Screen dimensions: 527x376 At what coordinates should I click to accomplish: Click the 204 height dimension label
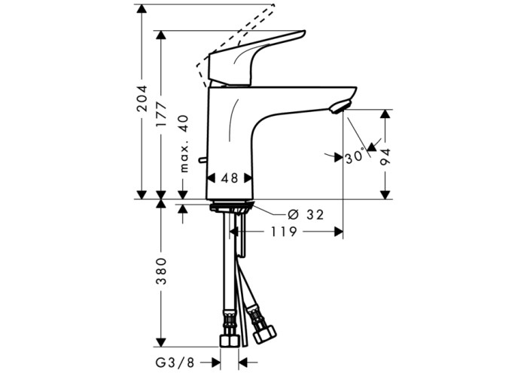click(142, 99)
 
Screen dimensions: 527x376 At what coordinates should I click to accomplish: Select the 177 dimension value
click(161, 114)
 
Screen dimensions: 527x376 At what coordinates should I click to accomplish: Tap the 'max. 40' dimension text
click(184, 144)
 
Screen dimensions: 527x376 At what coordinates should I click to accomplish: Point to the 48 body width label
click(230, 178)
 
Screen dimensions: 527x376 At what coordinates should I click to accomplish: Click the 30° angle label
click(355, 156)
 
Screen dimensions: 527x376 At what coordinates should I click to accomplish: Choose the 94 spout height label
click(385, 157)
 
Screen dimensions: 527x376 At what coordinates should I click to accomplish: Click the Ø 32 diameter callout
click(306, 214)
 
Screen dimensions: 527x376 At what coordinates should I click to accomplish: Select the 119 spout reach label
click(284, 232)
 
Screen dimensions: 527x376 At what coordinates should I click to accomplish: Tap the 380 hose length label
click(161, 271)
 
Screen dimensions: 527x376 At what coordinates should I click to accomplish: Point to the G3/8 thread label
click(175, 362)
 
